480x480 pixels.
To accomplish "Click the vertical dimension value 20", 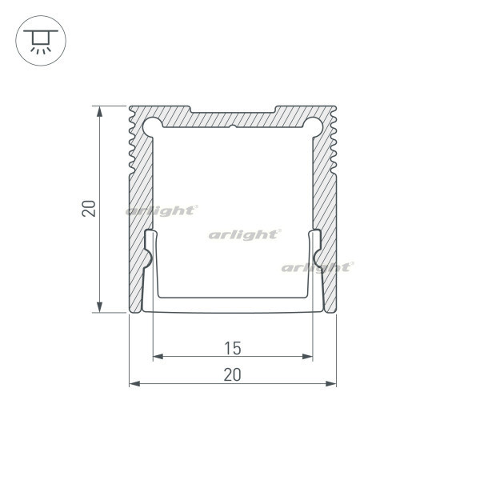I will [x=90, y=209].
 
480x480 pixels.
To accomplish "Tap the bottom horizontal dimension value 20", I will [x=232, y=374].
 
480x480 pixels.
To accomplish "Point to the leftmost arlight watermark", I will [x=161, y=210].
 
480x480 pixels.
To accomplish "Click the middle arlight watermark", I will [x=244, y=234].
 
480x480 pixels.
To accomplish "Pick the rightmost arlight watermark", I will [x=316, y=266].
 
